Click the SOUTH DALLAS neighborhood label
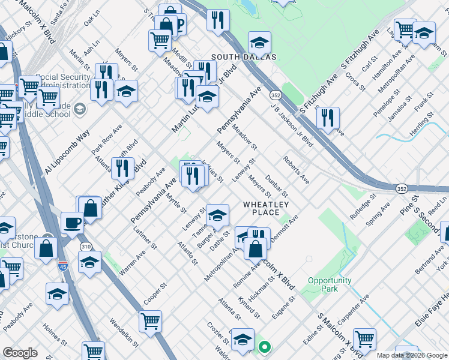tap(243, 57)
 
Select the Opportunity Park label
tap(330, 284)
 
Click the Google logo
tap(20, 353)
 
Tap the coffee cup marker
tap(73, 222)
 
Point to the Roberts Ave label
tap(296, 170)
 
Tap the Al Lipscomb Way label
tap(66, 152)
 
